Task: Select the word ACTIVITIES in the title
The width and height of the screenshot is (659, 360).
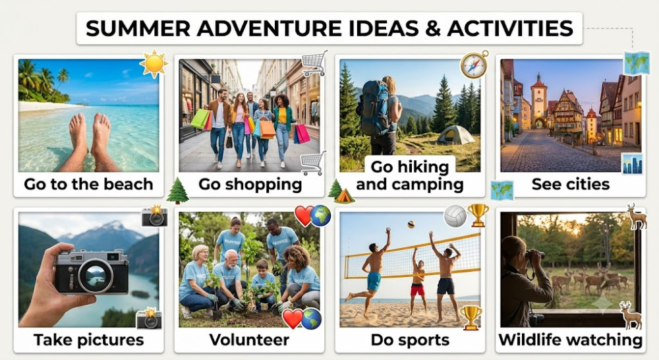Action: point(510,28)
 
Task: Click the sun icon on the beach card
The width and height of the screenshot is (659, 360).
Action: point(154,63)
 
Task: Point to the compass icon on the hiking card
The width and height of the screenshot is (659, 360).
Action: point(474,65)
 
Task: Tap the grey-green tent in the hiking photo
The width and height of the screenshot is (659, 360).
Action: point(455,135)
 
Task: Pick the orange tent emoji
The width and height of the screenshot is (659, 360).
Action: point(344,196)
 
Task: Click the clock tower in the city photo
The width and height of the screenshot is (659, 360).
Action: point(539,100)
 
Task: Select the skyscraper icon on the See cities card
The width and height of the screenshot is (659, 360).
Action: point(632,164)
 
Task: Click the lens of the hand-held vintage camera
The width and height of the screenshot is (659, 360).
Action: point(96,276)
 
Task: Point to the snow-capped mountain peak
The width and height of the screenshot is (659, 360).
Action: point(113,226)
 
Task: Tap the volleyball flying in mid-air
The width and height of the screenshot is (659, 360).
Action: point(411,225)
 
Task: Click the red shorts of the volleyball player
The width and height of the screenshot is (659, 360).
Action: point(417,289)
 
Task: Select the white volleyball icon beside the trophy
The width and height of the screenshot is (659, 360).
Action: point(455,216)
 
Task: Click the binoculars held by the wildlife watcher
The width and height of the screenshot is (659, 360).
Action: point(534,254)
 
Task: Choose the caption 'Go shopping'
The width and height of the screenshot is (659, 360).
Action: point(250,184)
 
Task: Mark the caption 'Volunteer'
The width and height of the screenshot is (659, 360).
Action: point(249,340)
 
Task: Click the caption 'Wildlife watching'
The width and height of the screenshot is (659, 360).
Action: point(570,340)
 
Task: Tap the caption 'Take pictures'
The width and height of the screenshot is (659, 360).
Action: point(89,340)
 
